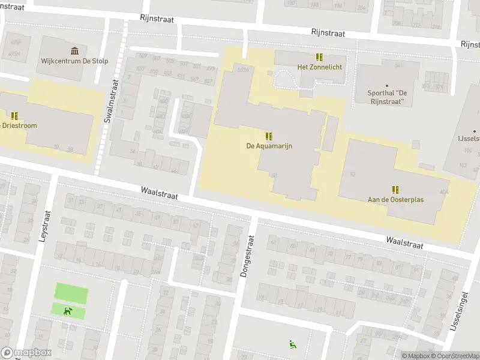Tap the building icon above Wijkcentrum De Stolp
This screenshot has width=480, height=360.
(74, 50)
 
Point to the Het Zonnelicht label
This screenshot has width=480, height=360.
(319, 67)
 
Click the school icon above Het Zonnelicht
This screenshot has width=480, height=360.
(319, 57)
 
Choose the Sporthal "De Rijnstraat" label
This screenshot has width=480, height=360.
(387, 97)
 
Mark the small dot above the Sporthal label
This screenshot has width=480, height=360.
(387, 86)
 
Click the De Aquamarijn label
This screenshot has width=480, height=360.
(269, 146)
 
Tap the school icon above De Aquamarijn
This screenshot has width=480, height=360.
(269, 136)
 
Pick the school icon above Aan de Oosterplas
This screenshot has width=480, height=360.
(395, 189)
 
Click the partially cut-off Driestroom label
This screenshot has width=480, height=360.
(18, 125)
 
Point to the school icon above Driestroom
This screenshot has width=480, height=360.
(14, 115)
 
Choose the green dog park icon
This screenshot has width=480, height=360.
(68, 311)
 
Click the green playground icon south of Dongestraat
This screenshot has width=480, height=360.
(292, 344)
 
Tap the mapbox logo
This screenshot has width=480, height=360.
(26, 353)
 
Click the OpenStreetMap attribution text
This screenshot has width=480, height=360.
(455, 356)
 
